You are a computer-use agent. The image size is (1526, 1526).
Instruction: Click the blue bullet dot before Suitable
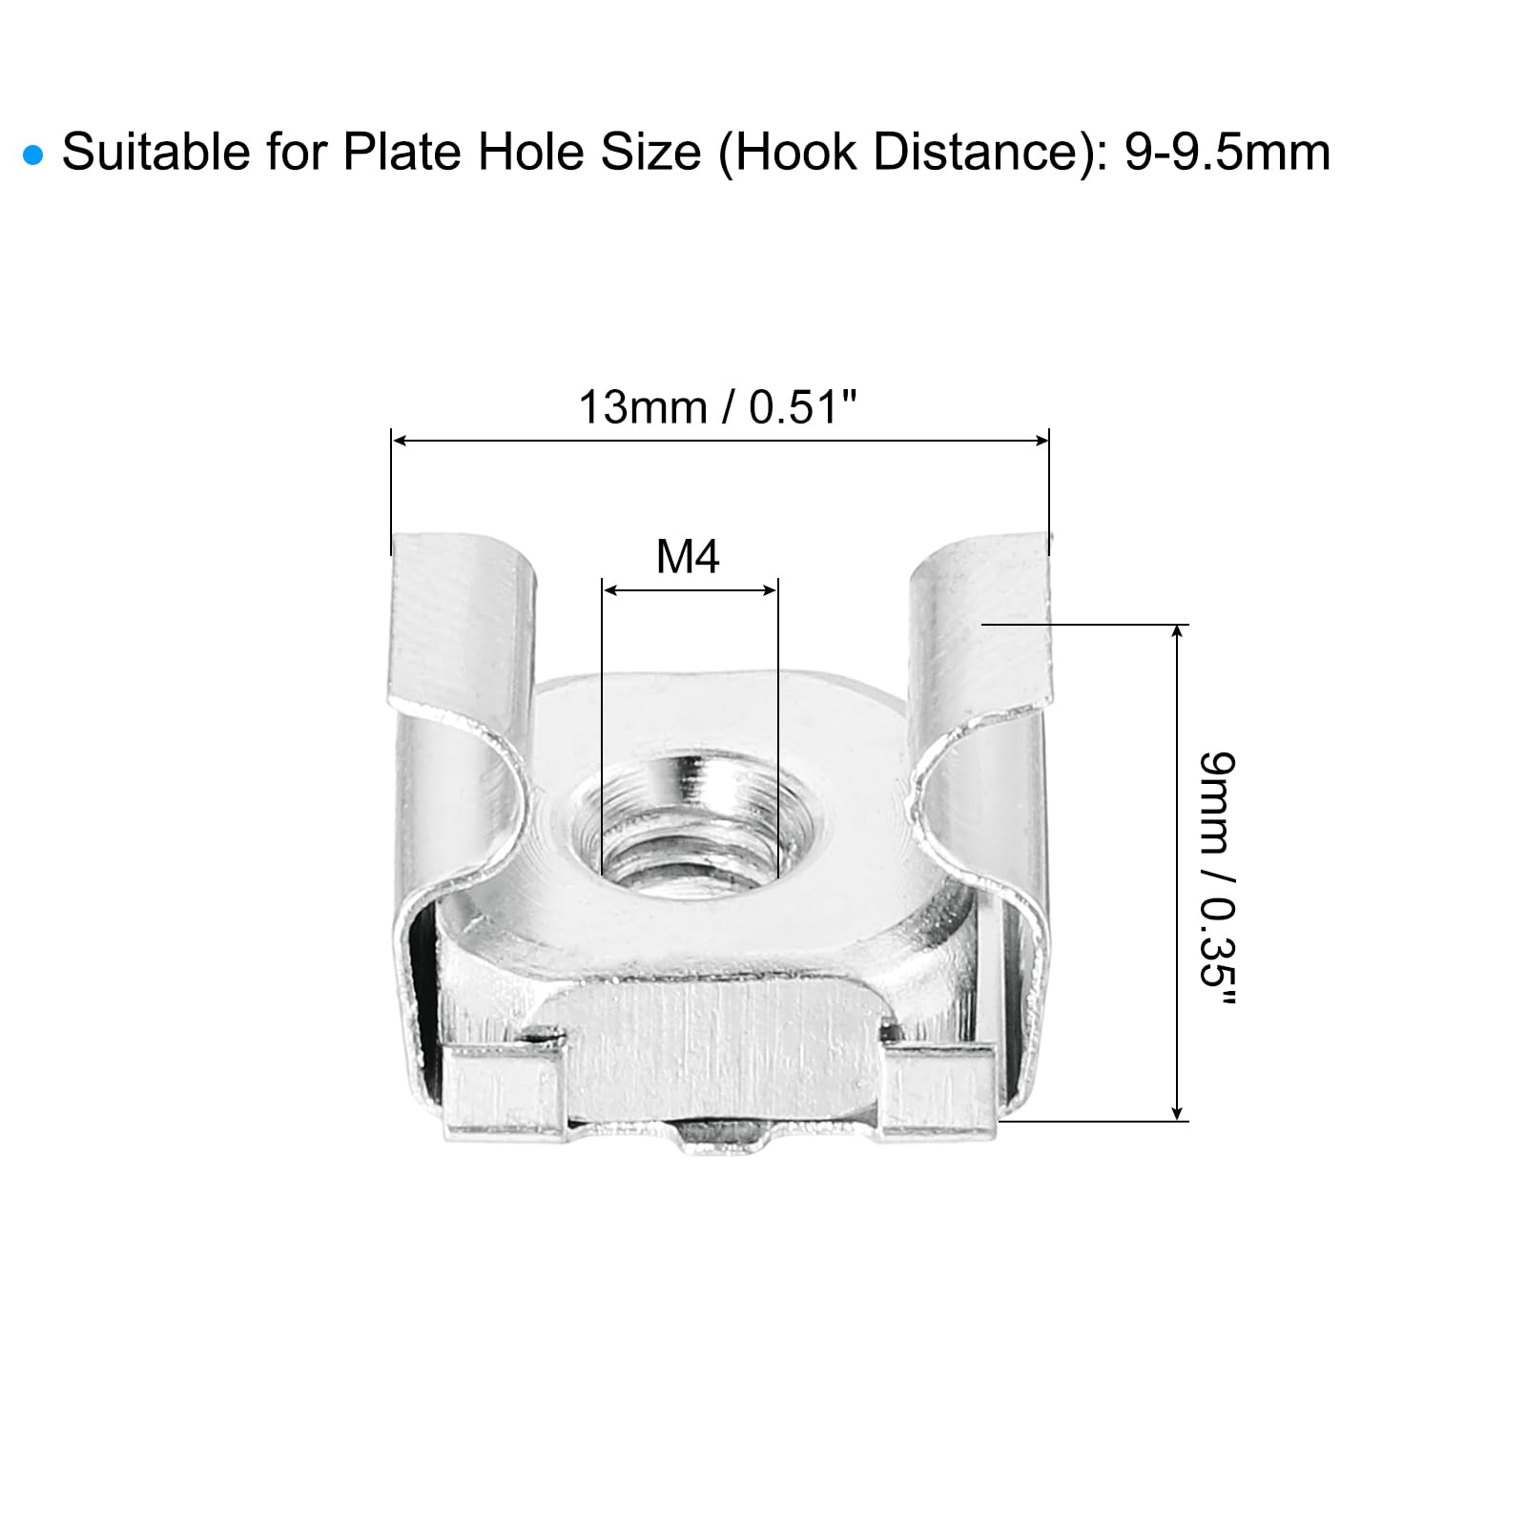tap(34, 155)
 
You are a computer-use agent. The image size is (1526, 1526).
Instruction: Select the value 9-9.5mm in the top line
tap(1227, 153)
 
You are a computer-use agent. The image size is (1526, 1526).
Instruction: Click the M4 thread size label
tap(688, 556)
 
